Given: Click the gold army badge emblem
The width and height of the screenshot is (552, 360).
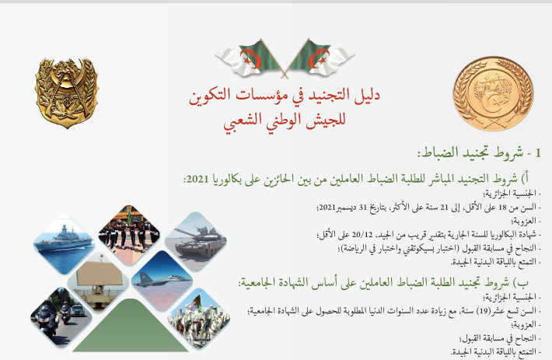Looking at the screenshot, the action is click(x=67, y=93).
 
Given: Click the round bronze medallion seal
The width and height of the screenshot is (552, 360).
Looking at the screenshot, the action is click(x=493, y=94).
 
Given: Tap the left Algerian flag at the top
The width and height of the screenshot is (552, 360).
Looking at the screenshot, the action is click(x=250, y=58).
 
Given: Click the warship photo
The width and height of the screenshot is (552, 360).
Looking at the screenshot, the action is click(x=64, y=243).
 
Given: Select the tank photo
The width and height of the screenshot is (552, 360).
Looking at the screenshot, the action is click(x=196, y=241).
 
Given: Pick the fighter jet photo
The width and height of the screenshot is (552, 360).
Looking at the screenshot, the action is click(x=162, y=281).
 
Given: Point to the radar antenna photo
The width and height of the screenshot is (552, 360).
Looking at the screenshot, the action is click(x=98, y=283).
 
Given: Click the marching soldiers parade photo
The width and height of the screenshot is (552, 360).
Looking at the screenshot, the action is click(x=129, y=236).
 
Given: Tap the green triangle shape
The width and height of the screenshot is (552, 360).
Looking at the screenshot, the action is click(x=131, y=326).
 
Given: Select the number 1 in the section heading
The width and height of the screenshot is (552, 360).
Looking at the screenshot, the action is click(x=537, y=153).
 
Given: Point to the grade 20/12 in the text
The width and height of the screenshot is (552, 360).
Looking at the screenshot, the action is click(x=362, y=234).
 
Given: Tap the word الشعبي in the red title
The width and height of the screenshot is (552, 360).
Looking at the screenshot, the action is click(x=239, y=121).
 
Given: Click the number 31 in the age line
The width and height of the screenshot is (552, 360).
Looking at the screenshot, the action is click(x=363, y=208).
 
